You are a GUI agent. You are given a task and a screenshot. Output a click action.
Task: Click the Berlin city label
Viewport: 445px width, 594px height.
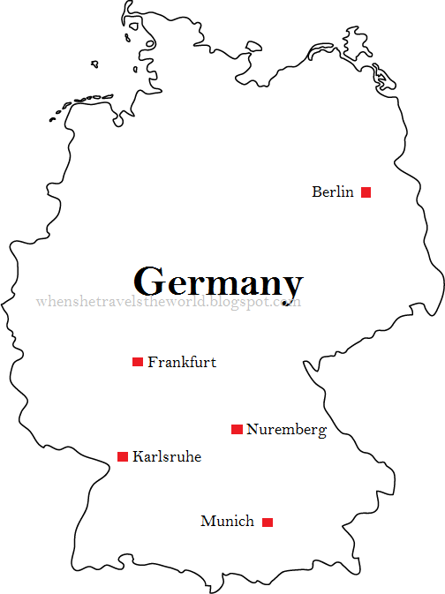(333, 192)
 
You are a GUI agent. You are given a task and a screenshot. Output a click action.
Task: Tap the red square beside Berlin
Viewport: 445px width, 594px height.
(366, 192)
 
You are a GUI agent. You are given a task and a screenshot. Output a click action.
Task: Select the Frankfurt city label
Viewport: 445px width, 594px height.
(182, 362)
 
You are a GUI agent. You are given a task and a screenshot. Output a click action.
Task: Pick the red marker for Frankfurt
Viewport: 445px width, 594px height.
(138, 362)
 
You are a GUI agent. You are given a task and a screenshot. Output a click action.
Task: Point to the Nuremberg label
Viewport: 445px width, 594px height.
(286, 430)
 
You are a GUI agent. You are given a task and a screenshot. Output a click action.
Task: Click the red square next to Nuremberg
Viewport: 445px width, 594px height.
(237, 429)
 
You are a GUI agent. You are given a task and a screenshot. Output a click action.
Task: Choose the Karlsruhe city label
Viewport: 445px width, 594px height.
(167, 457)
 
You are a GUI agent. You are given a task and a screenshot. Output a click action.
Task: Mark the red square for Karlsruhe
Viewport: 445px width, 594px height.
(123, 456)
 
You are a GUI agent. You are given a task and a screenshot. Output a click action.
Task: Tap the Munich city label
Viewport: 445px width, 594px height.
(227, 521)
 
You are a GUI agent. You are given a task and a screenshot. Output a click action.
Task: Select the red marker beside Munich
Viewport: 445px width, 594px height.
(268, 522)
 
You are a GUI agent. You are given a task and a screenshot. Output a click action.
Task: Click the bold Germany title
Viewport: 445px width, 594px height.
(218, 282)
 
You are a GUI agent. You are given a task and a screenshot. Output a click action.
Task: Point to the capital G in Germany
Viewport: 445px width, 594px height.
(150, 281)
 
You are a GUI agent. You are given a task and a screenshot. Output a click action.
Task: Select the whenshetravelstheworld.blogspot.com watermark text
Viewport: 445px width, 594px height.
(169, 302)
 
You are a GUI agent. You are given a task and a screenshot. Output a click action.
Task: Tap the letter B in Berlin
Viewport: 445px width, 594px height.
(317, 192)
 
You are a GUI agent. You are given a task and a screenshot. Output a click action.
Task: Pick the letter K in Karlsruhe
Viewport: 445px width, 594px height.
(138, 457)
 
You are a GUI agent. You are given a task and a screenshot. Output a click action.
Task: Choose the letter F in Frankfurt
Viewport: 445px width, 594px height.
(153, 362)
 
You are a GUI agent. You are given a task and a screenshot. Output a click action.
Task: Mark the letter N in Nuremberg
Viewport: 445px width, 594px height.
(253, 430)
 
